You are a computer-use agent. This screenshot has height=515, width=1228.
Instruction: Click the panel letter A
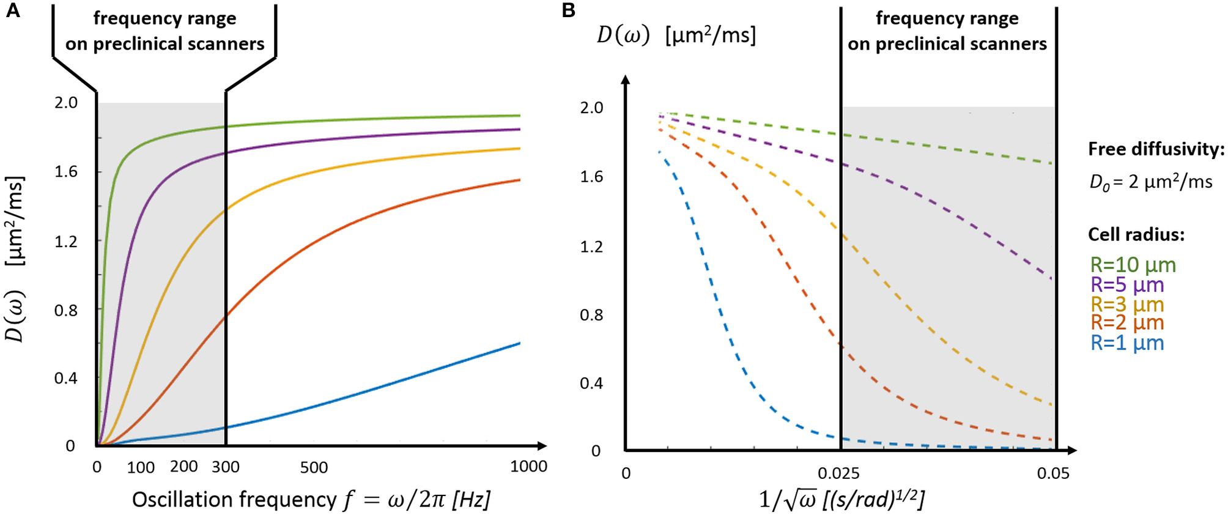[x=12, y=10]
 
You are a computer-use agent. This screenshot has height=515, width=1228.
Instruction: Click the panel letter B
[x=568, y=10]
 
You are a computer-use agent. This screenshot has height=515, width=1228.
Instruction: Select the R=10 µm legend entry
[x=1133, y=265]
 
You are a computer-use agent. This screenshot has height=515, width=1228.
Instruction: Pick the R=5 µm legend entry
[x=1127, y=284]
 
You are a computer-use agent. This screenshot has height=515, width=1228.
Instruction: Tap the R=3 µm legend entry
[x=1127, y=304]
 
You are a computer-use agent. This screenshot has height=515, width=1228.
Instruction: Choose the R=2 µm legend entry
[x=1127, y=322]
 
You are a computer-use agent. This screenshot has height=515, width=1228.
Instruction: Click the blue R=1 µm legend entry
[x=1127, y=343]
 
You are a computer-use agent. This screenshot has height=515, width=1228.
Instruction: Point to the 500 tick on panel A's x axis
[x=314, y=468]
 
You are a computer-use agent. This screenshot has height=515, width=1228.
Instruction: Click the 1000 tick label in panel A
[x=528, y=467]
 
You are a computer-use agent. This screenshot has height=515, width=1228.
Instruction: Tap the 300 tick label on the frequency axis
[x=226, y=467]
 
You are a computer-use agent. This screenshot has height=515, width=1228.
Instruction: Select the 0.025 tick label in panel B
[x=838, y=473]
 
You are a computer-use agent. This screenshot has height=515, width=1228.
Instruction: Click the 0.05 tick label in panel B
[x=1053, y=473]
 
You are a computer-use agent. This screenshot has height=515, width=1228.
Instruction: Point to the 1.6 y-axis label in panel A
[x=66, y=172]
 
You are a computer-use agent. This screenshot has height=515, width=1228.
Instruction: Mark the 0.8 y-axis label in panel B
[x=591, y=315]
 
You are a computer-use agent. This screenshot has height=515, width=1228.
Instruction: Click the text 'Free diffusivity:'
[x=1156, y=149]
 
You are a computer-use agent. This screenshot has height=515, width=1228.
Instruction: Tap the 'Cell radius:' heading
[x=1136, y=234]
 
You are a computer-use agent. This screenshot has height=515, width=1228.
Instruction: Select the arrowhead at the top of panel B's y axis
[x=625, y=80]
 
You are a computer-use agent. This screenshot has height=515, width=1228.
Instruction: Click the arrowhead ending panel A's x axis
[x=542, y=445]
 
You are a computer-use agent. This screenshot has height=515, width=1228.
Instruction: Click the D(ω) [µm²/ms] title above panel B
[x=676, y=35]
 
